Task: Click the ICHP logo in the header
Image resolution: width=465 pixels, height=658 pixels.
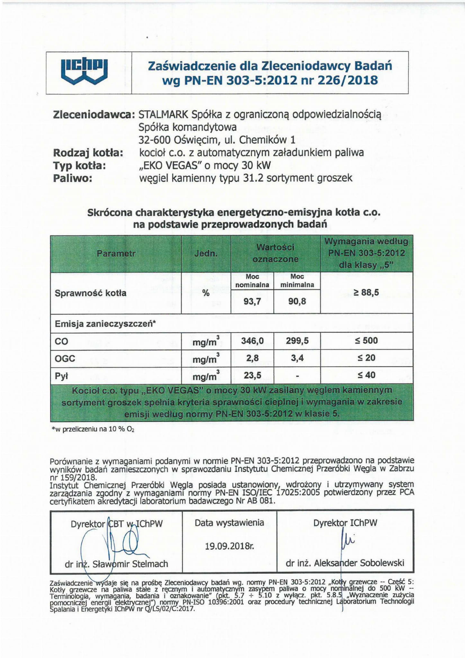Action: pyautogui.click(x=84, y=72)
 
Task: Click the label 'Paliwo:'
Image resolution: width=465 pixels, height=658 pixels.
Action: pyautogui.click(x=73, y=178)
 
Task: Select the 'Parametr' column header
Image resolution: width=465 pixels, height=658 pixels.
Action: pyautogui.click(x=116, y=253)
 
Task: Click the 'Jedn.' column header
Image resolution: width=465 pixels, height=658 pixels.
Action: pyautogui.click(x=206, y=253)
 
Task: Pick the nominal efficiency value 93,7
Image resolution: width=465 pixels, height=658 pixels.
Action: pyautogui.click(x=252, y=302)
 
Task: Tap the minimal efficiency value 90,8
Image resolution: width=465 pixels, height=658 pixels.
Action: pyautogui.click(x=297, y=302)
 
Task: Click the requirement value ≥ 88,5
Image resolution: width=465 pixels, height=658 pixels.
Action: pyautogui.click(x=366, y=292)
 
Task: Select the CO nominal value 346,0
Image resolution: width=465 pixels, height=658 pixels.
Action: pyautogui.click(x=252, y=341)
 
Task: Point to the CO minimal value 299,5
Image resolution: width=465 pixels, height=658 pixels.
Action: pyautogui.click(x=297, y=341)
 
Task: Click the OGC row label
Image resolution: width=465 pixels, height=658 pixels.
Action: pyautogui.click(x=65, y=358)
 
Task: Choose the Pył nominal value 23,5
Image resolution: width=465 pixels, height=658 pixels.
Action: pyautogui.click(x=252, y=375)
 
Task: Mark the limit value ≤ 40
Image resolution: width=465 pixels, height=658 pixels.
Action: pyautogui.click(x=366, y=375)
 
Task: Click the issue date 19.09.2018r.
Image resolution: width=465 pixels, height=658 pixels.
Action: pyautogui.click(x=229, y=545)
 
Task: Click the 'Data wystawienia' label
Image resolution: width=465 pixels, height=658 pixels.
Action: pyautogui.click(x=229, y=523)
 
